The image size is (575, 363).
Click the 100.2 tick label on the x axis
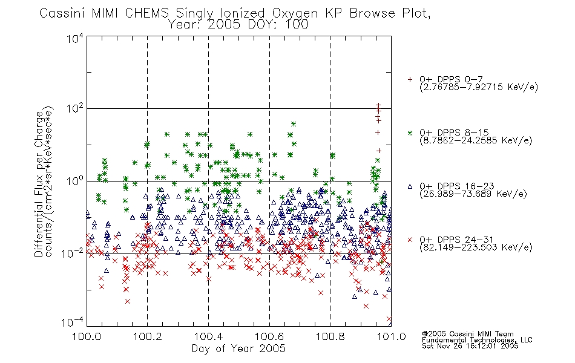148,336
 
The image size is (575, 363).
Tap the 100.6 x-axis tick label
269,336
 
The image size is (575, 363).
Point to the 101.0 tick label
391,336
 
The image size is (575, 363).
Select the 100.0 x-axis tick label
87,336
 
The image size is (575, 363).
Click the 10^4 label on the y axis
75,39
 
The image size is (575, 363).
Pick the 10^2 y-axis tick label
75,108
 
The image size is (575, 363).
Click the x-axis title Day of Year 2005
238,348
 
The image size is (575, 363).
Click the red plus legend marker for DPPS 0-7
410,79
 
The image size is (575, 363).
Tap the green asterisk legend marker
410,132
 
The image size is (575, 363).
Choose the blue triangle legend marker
410,186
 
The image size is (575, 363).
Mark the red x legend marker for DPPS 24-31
410,240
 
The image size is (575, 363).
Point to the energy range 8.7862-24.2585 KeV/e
476,140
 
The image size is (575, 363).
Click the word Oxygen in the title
295,13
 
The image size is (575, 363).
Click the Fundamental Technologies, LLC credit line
477,340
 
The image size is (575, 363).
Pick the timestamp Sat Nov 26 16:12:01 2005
470,346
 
